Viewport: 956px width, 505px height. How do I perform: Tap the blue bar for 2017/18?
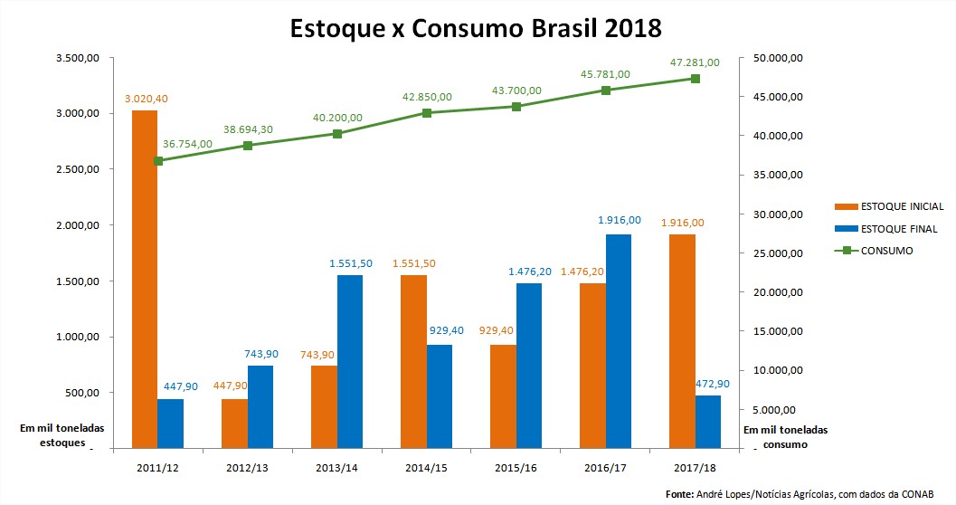pos(708,421)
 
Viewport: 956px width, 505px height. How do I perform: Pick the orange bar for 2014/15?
pos(413,361)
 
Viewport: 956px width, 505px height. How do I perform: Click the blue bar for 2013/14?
pos(350,361)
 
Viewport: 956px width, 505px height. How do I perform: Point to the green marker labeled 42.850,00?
pos(427,113)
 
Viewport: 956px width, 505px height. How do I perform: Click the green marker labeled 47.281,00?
pos(696,79)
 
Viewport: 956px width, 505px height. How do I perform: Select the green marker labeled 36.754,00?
pos(158,161)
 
